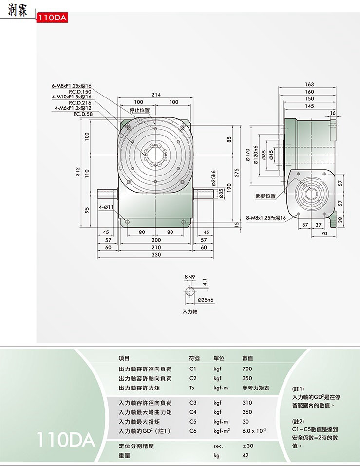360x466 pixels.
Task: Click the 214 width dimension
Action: click(156, 94)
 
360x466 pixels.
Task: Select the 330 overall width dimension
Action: click(156, 254)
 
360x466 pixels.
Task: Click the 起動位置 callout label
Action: click(265, 196)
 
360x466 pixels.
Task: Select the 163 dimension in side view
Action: click(309, 85)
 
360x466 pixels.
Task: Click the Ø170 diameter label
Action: click(248, 155)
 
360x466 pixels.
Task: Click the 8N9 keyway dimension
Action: click(189, 276)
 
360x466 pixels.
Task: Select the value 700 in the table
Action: click(247, 369)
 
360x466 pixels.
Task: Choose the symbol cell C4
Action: click(193, 412)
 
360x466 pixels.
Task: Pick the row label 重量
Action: click(124, 456)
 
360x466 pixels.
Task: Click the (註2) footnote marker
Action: click(298, 421)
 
